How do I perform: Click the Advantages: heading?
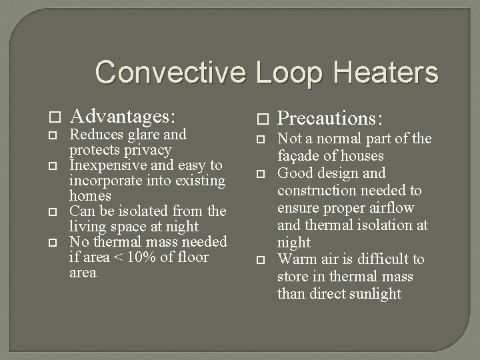(123, 117)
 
